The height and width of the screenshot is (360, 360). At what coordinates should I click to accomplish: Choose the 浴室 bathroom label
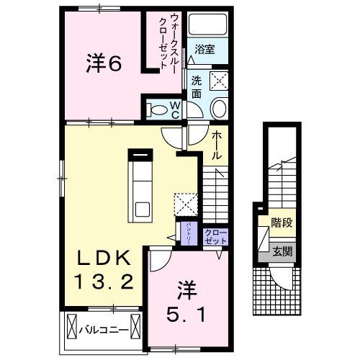(x=205, y=50)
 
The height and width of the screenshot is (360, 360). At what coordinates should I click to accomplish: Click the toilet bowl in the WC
(x=156, y=110)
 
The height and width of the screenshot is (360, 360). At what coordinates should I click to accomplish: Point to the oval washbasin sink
(x=219, y=109)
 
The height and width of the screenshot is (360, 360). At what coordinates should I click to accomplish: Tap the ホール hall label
(x=217, y=143)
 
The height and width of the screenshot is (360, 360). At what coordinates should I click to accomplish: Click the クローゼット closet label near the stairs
(x=215, y=236)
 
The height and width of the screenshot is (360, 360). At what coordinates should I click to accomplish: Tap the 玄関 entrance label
(x=282, y=251)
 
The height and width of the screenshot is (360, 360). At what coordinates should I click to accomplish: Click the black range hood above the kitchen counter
(x=140, y=153)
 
